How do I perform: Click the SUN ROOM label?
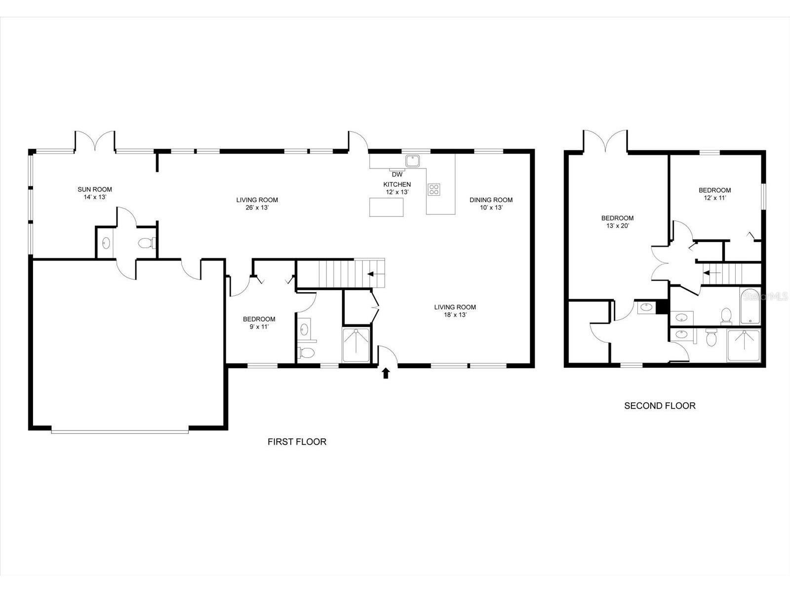point(95,189)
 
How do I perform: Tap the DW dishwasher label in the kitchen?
point(397,174)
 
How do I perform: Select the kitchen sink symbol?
point(412,161)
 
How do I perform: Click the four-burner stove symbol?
point(434,189)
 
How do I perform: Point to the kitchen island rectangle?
point(386,207)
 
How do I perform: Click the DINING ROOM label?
point(491,200)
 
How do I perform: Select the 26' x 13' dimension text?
point(257,208)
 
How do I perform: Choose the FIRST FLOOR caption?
point(297,442)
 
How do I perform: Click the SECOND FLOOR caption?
point(660,406)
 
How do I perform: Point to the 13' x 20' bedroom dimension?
point(617,226)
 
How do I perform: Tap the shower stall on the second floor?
point(743,345)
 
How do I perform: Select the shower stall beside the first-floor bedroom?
point(356,344)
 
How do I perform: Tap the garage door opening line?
point(119,432)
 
